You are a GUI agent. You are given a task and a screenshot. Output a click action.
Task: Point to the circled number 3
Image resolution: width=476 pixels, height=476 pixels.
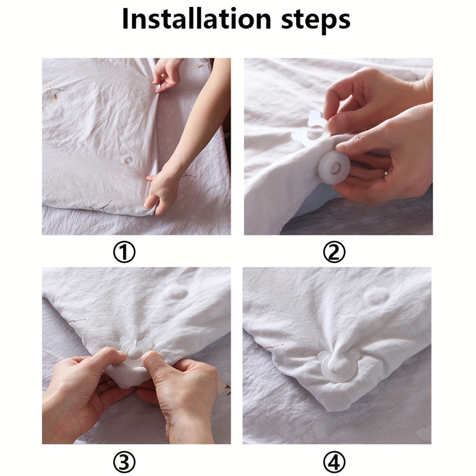124,463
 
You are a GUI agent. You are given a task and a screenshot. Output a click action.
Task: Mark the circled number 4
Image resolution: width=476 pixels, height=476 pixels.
334,463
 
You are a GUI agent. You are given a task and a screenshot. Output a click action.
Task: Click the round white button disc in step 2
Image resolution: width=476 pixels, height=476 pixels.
335,168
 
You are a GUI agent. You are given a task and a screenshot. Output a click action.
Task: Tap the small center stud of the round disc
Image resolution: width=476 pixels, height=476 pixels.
335,168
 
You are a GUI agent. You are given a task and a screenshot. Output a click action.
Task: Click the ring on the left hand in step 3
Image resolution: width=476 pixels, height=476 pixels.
99,392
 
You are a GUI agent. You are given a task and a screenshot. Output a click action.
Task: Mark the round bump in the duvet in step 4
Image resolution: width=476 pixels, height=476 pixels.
377,295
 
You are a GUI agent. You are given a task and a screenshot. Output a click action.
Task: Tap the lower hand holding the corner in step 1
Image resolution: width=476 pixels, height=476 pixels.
160,190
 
